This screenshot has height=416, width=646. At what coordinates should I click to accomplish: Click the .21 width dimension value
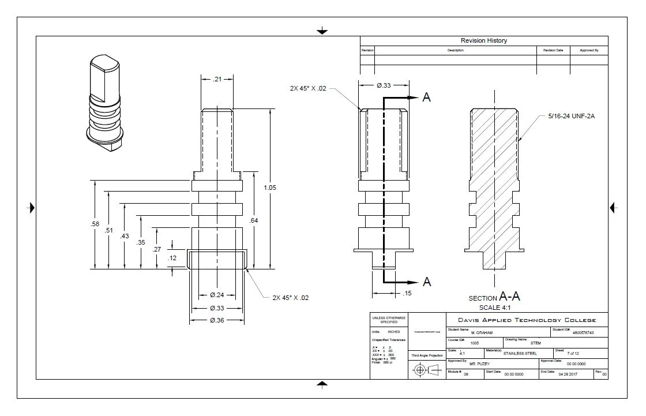tap(217, 79)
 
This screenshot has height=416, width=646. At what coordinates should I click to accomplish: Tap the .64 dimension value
tap(253, 220)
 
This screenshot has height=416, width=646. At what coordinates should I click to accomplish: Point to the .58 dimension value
tap(95, 224)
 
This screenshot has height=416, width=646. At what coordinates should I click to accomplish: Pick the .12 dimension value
tap(172, 258)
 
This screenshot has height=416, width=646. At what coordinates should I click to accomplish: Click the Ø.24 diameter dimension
tap(217, 295)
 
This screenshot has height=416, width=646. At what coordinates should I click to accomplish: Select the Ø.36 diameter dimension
tap(217, 320)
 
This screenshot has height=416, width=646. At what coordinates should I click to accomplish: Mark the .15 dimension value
tap(408, 294)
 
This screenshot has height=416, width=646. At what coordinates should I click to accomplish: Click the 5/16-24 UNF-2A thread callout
tap(571, 117)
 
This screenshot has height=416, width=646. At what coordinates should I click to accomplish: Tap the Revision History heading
tap(483, 40)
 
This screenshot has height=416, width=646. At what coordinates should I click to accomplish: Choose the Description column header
tap(455, 51)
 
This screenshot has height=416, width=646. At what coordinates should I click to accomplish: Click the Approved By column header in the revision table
tap(589, 51)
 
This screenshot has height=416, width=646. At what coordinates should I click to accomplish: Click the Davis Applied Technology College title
tap(527, 320)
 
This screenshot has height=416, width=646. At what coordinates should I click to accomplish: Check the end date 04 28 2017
tap(568, 374)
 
